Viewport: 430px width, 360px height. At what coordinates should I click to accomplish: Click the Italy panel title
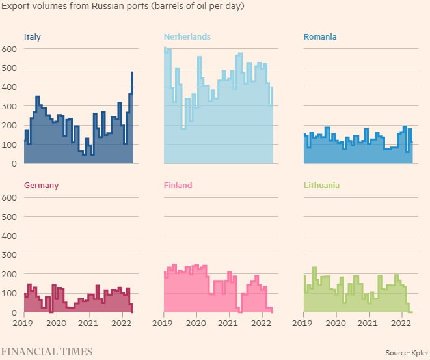coord(32,37)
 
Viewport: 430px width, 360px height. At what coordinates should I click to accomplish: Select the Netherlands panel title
coord(187,37)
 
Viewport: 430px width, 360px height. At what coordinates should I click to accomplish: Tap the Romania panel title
coord(320,37)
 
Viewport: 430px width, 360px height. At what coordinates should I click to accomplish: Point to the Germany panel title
coord(41,186)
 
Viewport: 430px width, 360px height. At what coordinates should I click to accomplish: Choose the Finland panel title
coord(178,186)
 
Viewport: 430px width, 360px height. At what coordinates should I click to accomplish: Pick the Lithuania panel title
coord(321,186)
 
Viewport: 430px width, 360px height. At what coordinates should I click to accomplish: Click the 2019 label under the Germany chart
coord(24,323)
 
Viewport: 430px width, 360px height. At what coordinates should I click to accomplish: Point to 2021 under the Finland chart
coord(228,323)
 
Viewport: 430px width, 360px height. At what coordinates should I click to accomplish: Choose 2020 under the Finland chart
coord(196,323)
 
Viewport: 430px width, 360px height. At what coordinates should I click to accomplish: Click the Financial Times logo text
coord(46,352)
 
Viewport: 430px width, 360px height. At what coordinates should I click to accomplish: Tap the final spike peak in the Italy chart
coord(132,72)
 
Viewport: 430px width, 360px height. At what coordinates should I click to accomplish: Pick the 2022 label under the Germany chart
coord(121,323)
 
